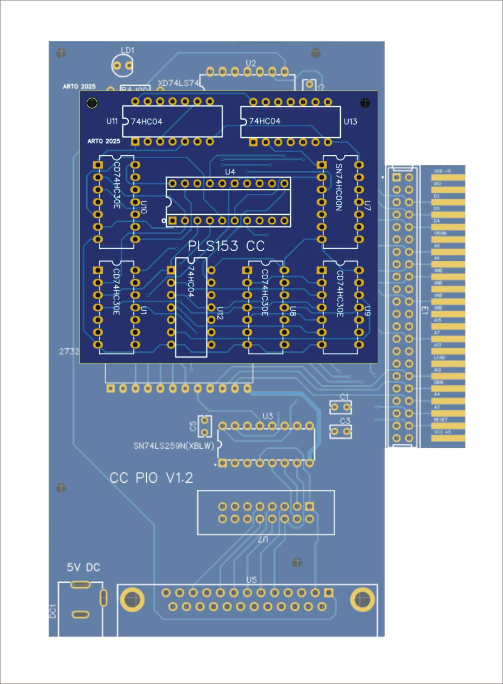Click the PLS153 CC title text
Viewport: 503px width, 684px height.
click(226, 246)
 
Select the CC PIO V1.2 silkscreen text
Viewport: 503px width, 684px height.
click(151, 478)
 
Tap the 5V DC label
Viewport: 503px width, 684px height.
click(83, 567)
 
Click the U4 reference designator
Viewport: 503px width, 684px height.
click(230, 172)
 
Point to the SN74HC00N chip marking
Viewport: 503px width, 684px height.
click(339, 187)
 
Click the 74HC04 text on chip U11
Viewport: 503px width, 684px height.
click(147, 122)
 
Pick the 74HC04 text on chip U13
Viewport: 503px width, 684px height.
click(264, 121)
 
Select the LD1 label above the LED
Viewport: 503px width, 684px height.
click(127, 50)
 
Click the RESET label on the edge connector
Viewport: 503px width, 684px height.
click(441, 419)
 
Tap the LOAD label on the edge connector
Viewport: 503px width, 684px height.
click(439, 357)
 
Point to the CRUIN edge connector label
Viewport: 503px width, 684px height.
click(440, 233)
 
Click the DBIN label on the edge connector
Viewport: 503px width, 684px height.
click(438, 382)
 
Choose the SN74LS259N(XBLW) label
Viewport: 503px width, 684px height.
click(174, 446)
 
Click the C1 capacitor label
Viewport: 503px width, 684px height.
click(344, 397)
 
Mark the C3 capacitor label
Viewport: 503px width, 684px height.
click(345, 421)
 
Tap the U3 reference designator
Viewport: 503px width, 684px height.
click(267, 416)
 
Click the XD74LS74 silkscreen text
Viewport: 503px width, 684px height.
click(178, 83)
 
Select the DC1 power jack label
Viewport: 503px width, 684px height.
click(53, 611)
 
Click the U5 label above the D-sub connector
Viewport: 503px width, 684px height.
click(251, 580)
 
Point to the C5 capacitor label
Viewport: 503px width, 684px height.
click(193, 426)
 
